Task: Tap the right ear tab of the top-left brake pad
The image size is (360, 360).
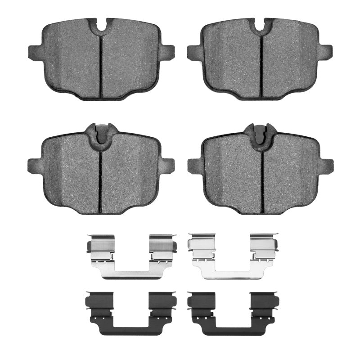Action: (167, 52)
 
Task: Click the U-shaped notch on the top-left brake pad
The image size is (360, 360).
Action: (101, 26)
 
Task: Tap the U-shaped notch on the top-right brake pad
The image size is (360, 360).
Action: (261, 26)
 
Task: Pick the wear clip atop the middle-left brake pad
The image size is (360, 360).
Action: (101, 133)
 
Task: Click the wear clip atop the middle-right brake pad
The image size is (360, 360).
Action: (261, 133)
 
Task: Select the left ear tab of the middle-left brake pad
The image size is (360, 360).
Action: (34, 166)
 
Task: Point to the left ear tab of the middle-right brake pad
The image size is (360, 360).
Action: (194, 166)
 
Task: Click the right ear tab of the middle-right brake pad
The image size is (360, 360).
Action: (326, 166)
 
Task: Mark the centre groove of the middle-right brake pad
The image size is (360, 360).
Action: (261, 180)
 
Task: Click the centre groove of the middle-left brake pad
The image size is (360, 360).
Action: (101, 180)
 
